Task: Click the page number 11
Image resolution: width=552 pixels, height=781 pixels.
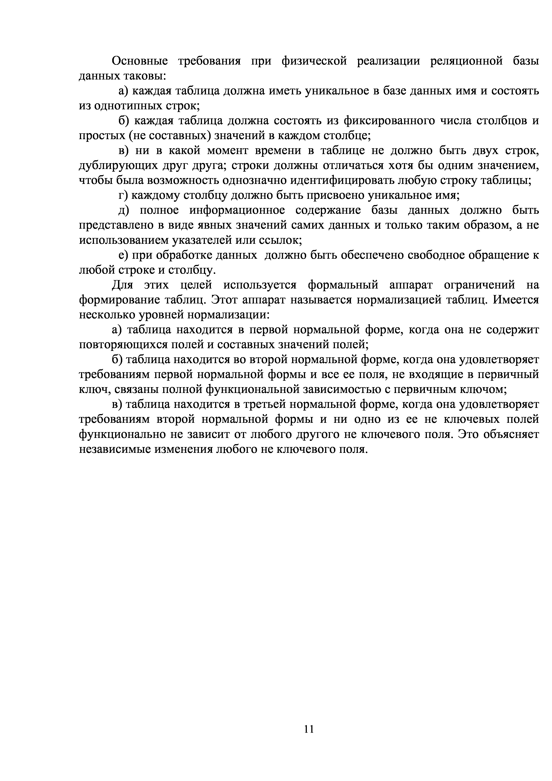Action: (x=309, y=729)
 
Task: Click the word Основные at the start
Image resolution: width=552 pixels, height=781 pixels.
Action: (x=140, y=61)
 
